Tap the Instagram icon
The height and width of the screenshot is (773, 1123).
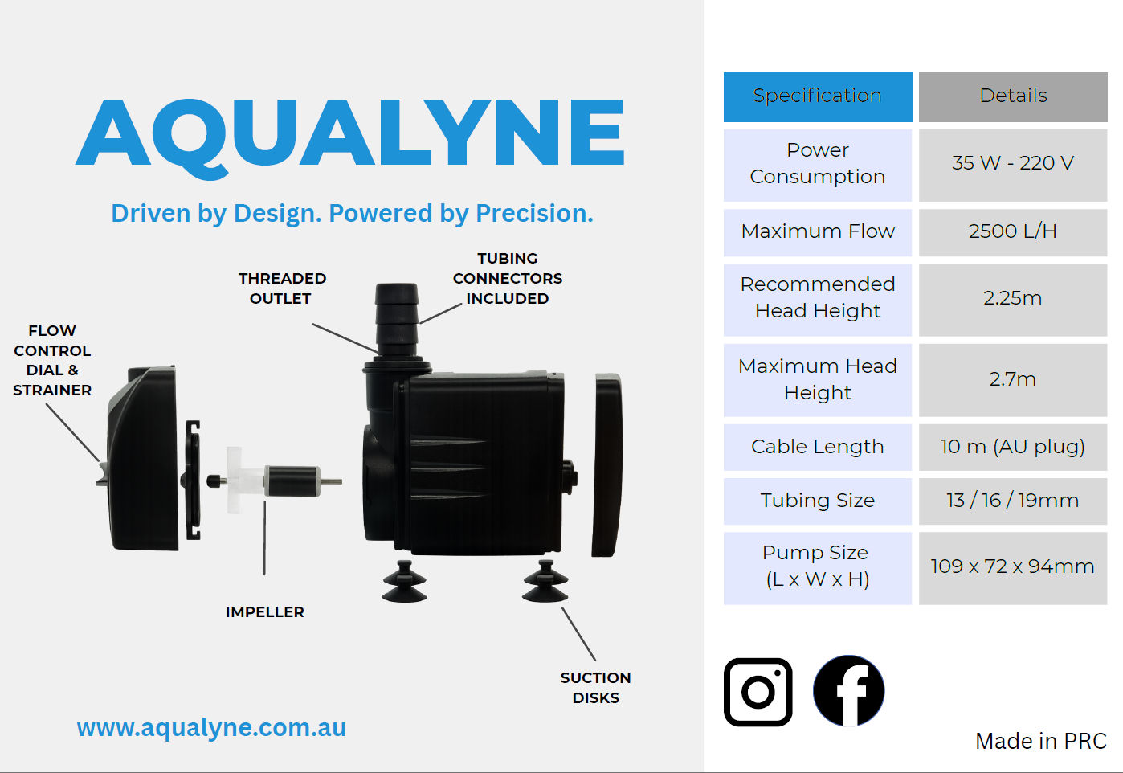(758, 692)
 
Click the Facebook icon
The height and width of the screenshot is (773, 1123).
(849, 691)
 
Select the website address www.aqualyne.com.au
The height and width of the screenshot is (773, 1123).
(211, 728)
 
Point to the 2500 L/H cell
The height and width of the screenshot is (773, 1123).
(1013, 232)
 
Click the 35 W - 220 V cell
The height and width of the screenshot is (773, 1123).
(1013, 165)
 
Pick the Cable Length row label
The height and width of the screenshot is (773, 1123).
(817, 447)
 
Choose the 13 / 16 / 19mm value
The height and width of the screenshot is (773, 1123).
(1013, 501)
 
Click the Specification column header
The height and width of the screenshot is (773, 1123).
(818, 96)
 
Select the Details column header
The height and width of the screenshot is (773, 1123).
(1013, 96)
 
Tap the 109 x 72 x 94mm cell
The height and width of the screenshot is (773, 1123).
(1013, 568)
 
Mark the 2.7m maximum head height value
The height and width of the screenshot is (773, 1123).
(1013, 380)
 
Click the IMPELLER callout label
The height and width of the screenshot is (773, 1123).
(265, 612)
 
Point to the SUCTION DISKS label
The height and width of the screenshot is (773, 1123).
(595, 688)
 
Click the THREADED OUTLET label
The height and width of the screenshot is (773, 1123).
(282, 288)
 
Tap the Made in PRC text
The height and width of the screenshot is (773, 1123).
(1041, 741)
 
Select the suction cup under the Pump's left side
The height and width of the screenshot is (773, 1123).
(405, 582)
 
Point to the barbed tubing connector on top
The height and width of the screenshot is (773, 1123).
(397, 319)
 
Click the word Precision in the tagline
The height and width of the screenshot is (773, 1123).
(534, 214)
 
